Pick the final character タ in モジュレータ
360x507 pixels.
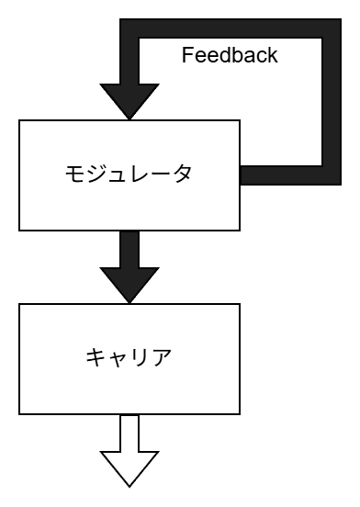(x=182, y=174)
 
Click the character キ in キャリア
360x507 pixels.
(x=96, y=357)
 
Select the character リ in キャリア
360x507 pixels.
(x=139, y=357)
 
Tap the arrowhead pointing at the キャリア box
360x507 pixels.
(x=129, y=284)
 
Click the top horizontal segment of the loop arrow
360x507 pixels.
(x=230, y=28)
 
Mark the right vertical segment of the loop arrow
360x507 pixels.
(x=332, y=101)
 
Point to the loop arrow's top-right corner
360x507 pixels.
(x=332, y=28)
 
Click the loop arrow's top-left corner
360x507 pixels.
(x=129, y=28)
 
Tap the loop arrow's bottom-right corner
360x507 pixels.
(x=332, y=175)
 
